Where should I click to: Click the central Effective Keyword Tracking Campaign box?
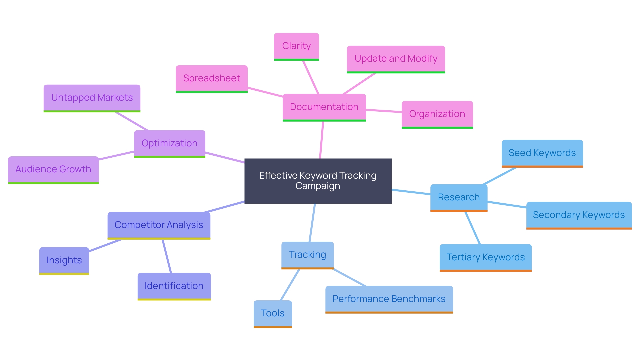coord(318,181)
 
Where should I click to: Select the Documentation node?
coord(324,107)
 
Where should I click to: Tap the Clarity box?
coord(296,46)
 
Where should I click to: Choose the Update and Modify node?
coord(396,59)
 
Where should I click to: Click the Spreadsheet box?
coord(211,78)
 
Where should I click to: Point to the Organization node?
coord(437,114)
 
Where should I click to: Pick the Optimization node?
coord(169,143)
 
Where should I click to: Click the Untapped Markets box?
coord(92,98)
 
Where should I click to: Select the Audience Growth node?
coord(53,169)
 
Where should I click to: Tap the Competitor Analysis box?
coord(159,225)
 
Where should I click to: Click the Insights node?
coord(64,260)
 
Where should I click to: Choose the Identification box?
coord(174,286)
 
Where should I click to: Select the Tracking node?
coord(307,255)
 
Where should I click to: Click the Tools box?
coord(273,313)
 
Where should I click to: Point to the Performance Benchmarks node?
coord(389,299)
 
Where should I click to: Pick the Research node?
coord(459,197)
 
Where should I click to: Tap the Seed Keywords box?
coord(542,153)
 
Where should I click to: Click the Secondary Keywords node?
coord(579,215)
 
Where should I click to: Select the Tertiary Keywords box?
coord(485,257)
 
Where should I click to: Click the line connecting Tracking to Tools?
coord(290,285)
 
